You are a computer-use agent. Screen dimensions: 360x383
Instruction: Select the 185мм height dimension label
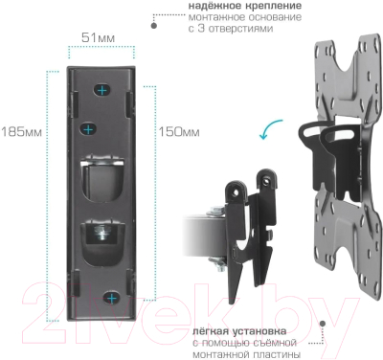(x=22, y=130)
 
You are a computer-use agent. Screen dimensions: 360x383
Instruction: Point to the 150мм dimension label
(x=178, y=130)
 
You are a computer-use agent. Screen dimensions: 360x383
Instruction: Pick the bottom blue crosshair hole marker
(x=113, y=299)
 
